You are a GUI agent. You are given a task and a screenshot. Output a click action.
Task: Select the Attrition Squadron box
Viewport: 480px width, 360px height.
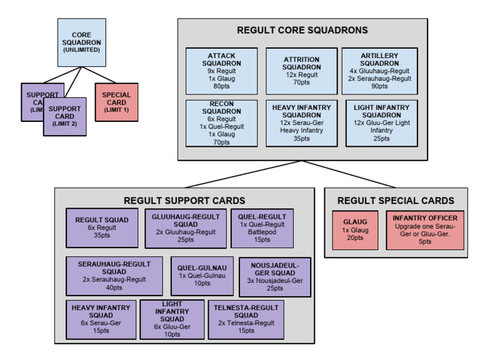(x=301, y=70)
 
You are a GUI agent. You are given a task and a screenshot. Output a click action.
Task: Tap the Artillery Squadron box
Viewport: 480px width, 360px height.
(x=380, y=70)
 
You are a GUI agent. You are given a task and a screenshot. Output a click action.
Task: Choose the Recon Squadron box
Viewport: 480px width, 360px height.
(x=222, y=123)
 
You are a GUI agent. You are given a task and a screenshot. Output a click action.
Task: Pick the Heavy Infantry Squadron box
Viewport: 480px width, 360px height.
(x=301, y=123)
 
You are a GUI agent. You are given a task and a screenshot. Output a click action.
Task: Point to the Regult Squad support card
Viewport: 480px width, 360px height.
(x=102, y=227)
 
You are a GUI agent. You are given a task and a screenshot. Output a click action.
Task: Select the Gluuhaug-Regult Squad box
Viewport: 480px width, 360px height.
(x=185, y=227)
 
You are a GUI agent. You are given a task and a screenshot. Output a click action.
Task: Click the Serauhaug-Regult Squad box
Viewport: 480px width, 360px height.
(x=114, y=275)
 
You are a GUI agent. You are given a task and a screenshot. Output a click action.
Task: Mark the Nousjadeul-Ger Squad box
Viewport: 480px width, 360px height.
(x=266, y=276)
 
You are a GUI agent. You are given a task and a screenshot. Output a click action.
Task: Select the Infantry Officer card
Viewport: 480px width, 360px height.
(x=424, y=230)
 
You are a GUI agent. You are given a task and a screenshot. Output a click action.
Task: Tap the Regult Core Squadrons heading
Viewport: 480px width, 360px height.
(x=302, y=30)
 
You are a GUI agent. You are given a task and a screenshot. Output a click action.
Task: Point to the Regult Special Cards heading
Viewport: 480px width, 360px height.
(x=395, y=201)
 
